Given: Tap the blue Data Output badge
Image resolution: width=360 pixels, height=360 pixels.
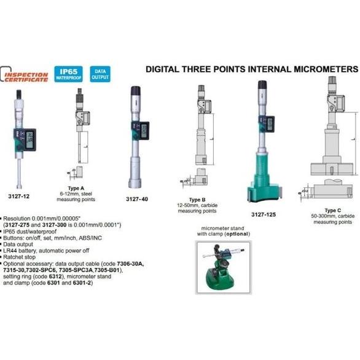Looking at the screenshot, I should click(99, 73).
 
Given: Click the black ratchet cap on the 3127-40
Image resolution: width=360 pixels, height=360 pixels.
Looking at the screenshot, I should click(136, 95).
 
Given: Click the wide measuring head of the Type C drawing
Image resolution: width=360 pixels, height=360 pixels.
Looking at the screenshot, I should click(329, 166).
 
